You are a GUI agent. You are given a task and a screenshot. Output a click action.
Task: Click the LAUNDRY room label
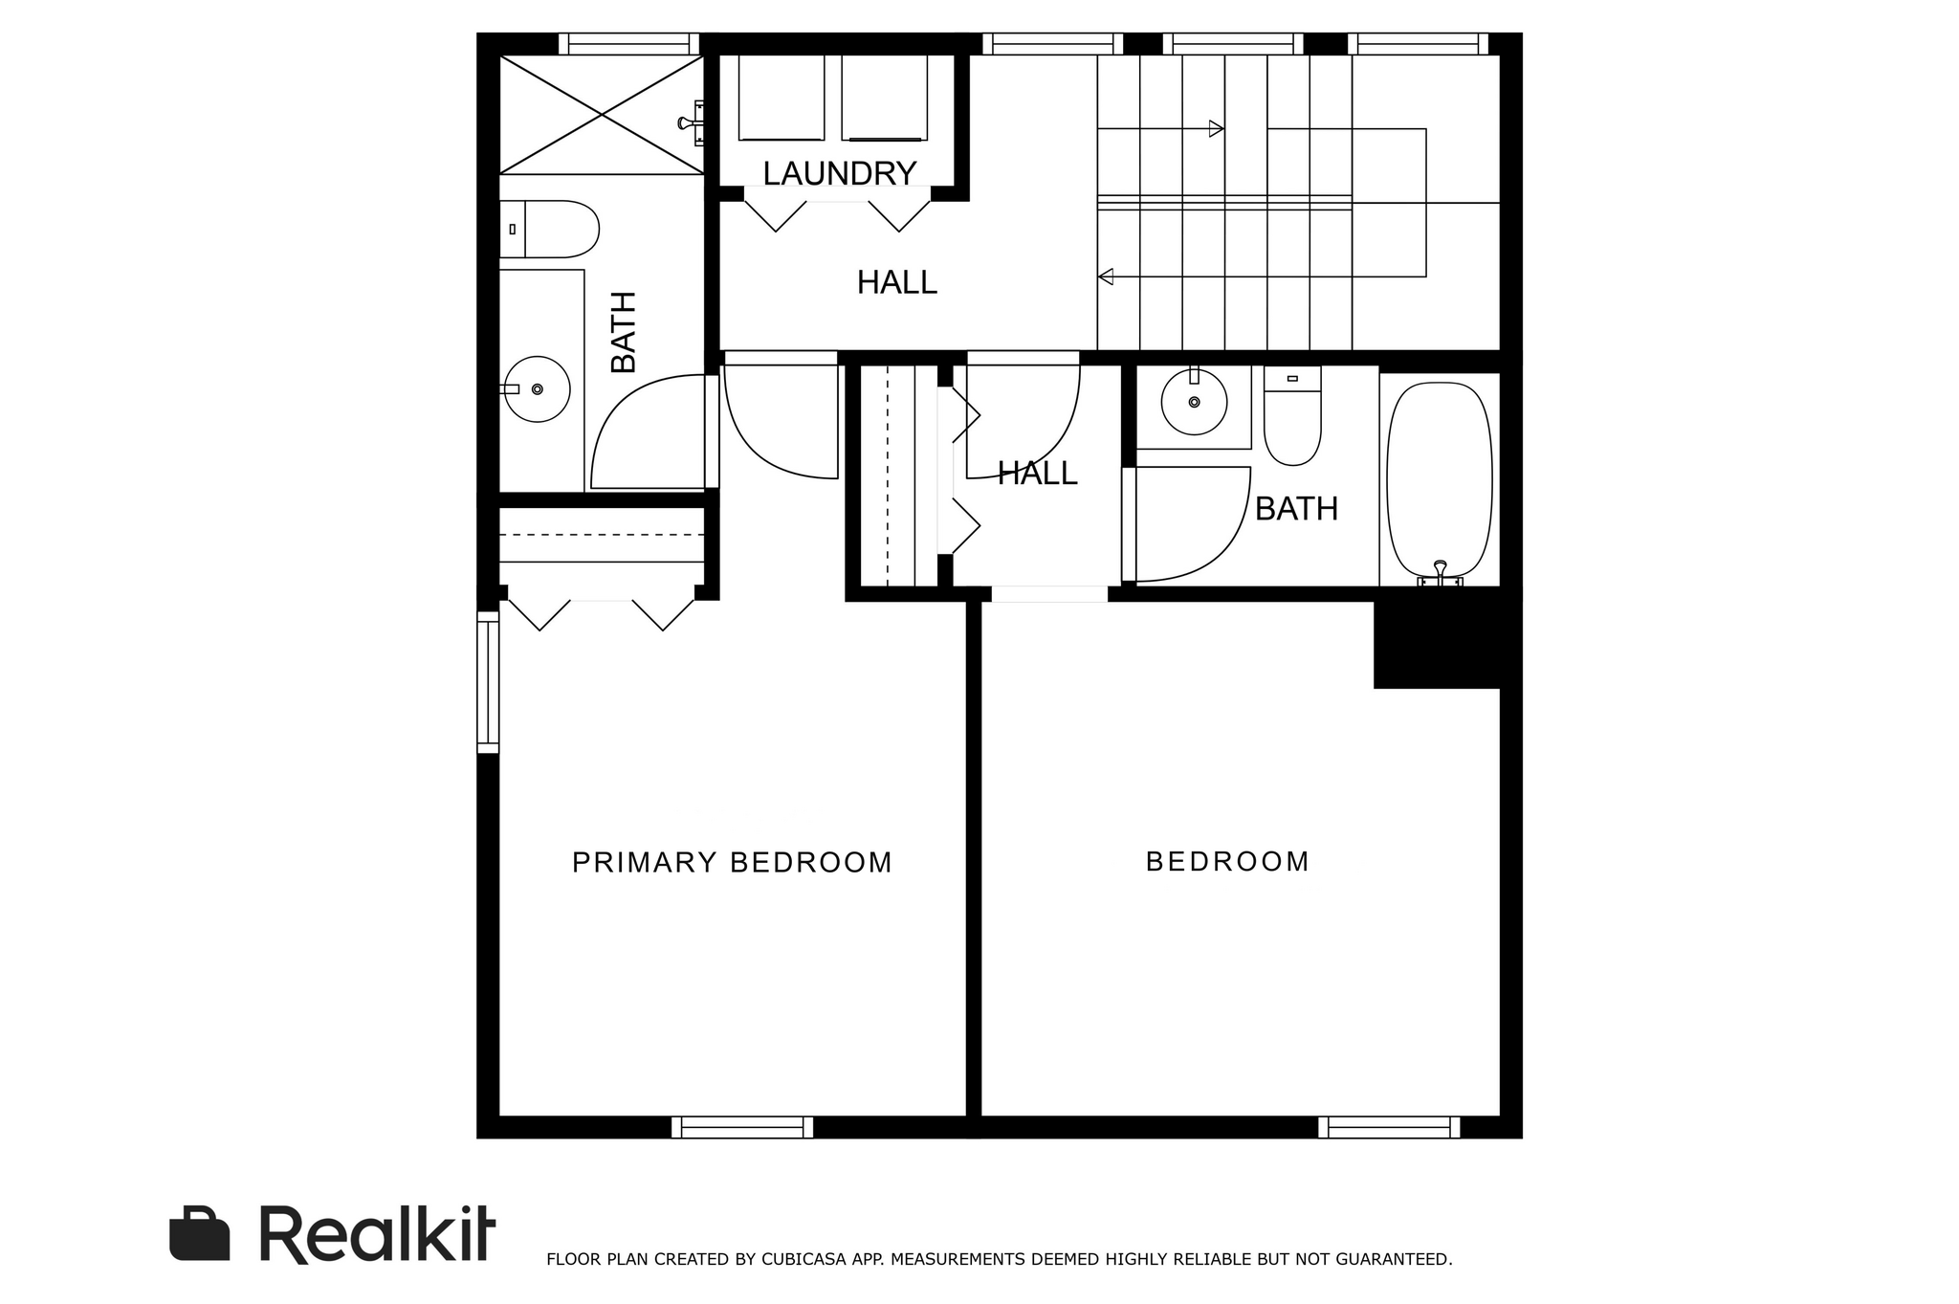840,173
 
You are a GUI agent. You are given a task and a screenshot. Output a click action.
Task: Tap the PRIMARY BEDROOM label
732,863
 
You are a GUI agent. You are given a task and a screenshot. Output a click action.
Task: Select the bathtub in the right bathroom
1440,480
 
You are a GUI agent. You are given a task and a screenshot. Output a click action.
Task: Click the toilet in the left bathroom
549,230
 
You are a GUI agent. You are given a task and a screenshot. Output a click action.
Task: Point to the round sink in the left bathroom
537,389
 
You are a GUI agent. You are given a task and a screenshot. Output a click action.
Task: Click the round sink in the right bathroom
1194,402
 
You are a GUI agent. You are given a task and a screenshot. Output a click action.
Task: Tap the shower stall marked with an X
602,115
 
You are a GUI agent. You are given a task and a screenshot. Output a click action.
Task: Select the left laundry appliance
781,98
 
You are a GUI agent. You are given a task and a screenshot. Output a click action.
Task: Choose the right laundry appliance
884,98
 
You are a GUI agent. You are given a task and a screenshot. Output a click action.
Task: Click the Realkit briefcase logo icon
200,1234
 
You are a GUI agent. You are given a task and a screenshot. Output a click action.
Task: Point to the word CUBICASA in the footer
802,1259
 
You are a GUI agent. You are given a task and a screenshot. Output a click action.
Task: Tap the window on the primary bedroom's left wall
488,682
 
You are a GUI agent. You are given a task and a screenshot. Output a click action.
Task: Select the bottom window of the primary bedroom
742,1127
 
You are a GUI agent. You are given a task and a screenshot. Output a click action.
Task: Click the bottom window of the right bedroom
1389,1127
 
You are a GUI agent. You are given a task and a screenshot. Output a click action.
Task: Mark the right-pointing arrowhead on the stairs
1217,128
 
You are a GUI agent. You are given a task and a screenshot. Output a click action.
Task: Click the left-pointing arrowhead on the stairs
1106,276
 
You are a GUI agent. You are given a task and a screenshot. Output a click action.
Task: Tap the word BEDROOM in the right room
1227,862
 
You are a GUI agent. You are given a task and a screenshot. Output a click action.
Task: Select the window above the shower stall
628,44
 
